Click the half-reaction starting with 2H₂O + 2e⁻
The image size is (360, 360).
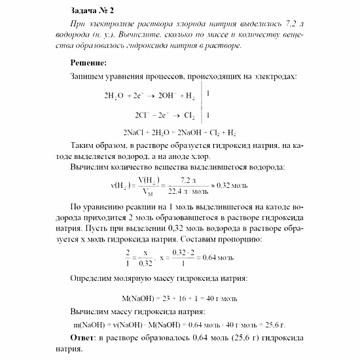coord(149,96)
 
